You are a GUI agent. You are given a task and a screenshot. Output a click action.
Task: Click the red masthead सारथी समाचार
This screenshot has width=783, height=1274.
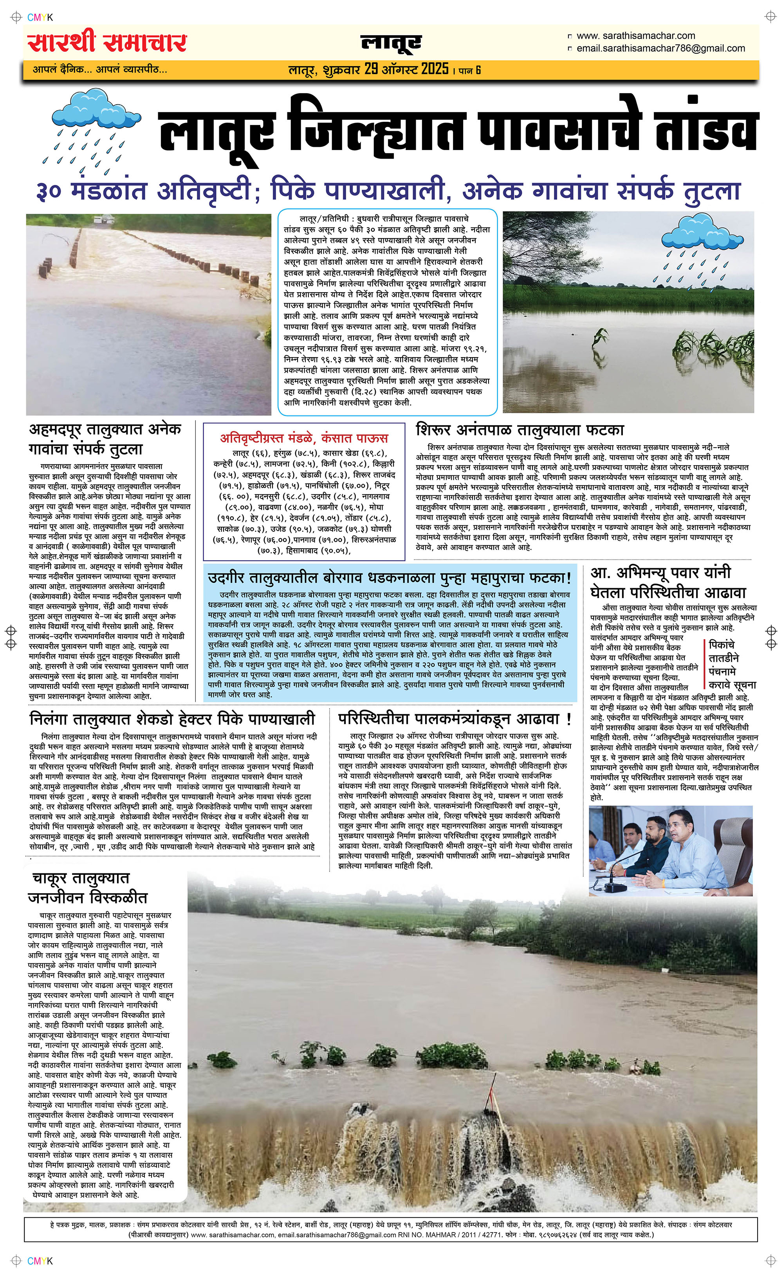tap(107, 43)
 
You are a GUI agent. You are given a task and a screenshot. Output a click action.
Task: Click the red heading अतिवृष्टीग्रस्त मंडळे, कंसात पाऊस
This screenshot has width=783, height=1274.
tap(304, 438)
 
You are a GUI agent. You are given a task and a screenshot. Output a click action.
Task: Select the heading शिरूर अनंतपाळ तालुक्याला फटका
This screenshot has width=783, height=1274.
tap(520, 430)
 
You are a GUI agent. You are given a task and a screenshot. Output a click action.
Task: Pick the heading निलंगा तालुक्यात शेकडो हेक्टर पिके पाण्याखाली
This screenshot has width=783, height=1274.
tap(172, 719)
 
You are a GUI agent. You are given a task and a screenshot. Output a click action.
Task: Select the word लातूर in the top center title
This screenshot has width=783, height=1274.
tap(391, 44)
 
